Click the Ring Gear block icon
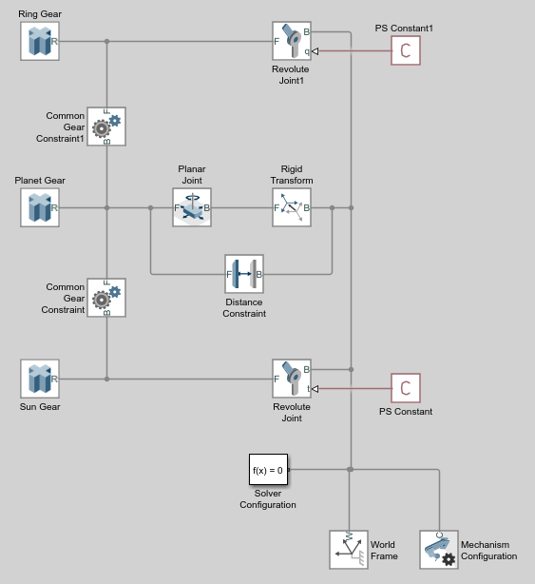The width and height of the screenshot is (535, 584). [40, 41]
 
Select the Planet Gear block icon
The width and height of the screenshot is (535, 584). [40, 207]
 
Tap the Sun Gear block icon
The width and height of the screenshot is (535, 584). [40, 379]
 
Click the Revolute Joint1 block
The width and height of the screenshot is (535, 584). [292, 41]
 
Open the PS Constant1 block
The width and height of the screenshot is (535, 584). [406, 50]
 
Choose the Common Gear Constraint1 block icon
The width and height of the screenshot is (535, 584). [106, 127]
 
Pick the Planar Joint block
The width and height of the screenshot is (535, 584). [192, 207]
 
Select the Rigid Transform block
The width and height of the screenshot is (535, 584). [292, 207]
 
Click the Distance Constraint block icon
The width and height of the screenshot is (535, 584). [244, 274]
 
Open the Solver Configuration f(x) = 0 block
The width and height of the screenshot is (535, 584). [268, 469]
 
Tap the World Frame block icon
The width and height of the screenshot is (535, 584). [349, 550]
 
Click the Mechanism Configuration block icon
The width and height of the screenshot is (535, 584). [439, 550]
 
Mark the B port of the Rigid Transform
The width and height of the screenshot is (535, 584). [307, 208]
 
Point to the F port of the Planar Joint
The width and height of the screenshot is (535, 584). [177, 208]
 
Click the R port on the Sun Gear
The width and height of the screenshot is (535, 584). [54, 380]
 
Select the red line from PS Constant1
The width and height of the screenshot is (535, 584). [354, 51]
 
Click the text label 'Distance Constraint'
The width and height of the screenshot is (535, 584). [244, 307]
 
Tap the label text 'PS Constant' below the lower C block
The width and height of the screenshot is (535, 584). [406, 412]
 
